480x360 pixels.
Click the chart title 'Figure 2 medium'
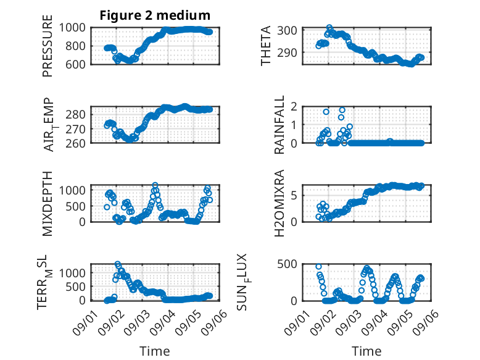155,15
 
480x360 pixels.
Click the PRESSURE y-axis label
48,46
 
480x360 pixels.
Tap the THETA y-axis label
266,46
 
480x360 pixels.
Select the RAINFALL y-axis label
279,124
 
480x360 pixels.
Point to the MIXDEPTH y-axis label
48,203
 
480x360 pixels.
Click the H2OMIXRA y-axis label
279,203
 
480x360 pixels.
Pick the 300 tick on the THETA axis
287,31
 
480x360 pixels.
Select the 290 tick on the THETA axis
287,52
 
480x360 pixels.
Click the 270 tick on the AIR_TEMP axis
75,129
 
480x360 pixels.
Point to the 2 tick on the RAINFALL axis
294,106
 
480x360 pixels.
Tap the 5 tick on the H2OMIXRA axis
294,195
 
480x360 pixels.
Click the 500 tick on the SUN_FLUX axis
287,264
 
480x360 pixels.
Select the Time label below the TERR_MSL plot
155,351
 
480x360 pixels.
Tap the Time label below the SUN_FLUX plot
366,351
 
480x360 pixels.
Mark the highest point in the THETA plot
329,28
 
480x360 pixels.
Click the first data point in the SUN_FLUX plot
319,267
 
